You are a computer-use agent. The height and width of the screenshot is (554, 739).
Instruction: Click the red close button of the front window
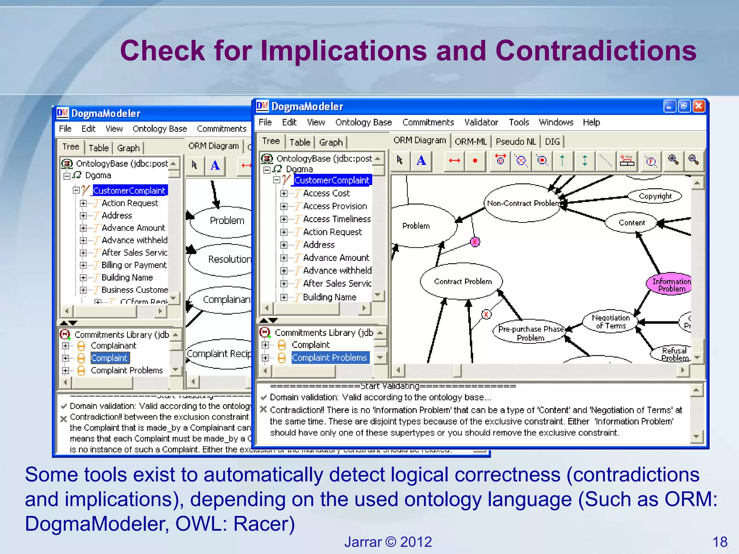[699, 106]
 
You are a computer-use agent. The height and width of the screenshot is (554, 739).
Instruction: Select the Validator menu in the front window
[481, 123]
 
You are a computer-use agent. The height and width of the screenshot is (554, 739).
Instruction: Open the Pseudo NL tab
[516, 141]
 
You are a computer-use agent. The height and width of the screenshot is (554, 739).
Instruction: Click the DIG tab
[552, 141]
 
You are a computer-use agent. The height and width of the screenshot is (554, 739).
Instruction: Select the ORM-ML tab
[471, 141]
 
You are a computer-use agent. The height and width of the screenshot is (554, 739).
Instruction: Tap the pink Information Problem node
[670, 285]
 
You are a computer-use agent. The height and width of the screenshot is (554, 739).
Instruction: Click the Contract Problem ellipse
[463, 281]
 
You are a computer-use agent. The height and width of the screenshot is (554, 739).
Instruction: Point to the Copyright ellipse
[655, 196]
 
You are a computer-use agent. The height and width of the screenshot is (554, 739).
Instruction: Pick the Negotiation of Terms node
[611, 322]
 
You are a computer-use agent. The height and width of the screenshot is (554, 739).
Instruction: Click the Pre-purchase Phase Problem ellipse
[530, 333]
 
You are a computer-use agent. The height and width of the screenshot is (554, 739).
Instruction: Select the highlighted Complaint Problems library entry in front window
[329, 357]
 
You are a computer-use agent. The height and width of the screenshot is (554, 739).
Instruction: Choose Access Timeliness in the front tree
[337, 219]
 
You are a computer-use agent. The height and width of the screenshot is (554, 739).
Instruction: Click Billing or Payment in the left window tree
[134, 265]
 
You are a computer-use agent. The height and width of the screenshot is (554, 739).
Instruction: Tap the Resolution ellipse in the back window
[228, 259]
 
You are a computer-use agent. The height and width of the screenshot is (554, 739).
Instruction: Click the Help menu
[591, 123]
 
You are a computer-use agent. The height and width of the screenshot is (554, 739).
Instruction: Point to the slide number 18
[720, 542]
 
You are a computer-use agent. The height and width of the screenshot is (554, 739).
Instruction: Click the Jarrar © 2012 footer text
[388, 542]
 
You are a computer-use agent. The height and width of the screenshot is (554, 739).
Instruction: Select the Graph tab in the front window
[331, 142]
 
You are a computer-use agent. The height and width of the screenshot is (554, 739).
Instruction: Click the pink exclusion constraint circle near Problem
[475, 242]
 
